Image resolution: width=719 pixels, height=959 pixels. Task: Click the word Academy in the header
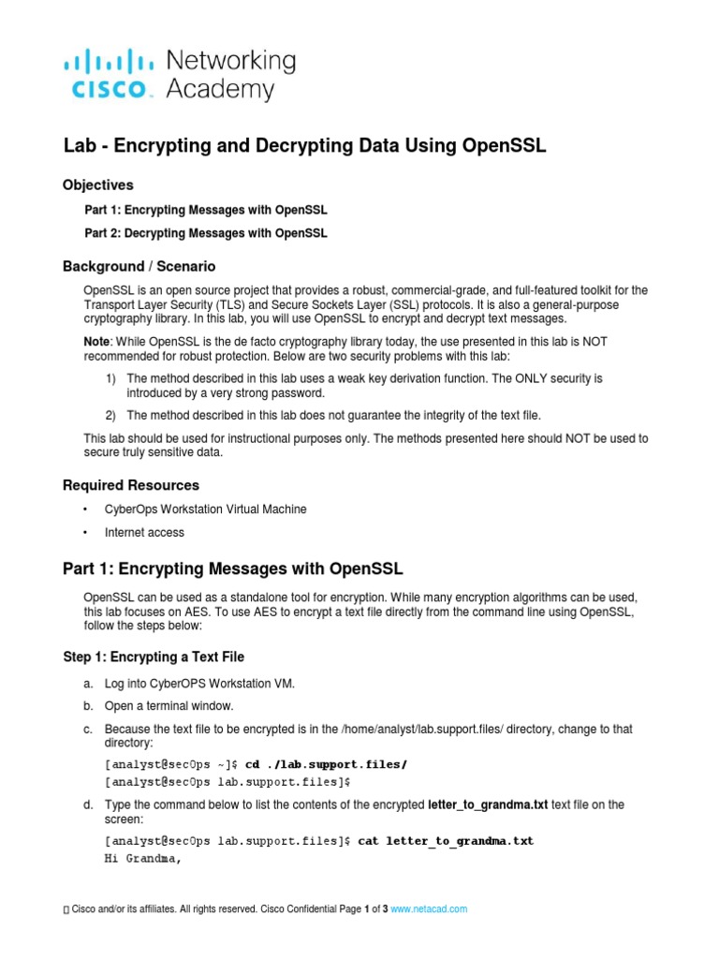pyautogui.click(x=220, y=89)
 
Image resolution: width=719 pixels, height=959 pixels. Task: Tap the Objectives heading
pyautogui.click(x=98, y=184)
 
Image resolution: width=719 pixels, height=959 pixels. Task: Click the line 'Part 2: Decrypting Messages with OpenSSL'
pyautogui.click(x=206, y=233)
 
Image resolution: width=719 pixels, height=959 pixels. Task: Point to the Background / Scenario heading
pyautogui.click(x=139, y=267)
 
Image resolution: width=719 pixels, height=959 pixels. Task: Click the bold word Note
pyautogui.click(x=96, y=342)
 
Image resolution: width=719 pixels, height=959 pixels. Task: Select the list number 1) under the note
pyautogui.click(x=110, y=378)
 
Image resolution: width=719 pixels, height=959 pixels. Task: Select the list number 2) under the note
pyautogui.click(x=110, y=415)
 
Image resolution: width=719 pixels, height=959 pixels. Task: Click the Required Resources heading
pyautogui.click(x=131, y=485)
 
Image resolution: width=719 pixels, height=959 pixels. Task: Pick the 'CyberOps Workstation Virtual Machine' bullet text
pyautogui.click(x=205, y=509)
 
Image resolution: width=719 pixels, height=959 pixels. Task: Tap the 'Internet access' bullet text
pyautogui.click(x=144, y=533)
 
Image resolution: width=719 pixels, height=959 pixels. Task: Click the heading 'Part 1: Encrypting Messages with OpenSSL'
pyautogui.click(x=233, y=568)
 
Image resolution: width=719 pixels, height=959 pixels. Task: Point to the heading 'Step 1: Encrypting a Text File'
pyautogui.click(x=154, y=657)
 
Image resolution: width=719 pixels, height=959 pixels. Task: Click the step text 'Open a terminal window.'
pyautogui.click(x=169, y=705)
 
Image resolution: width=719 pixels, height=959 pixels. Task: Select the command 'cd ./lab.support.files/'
pyautogui.click(x=326, y=764)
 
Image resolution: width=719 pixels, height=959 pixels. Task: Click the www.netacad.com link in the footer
pyautogui.click(x=428, y=908)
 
